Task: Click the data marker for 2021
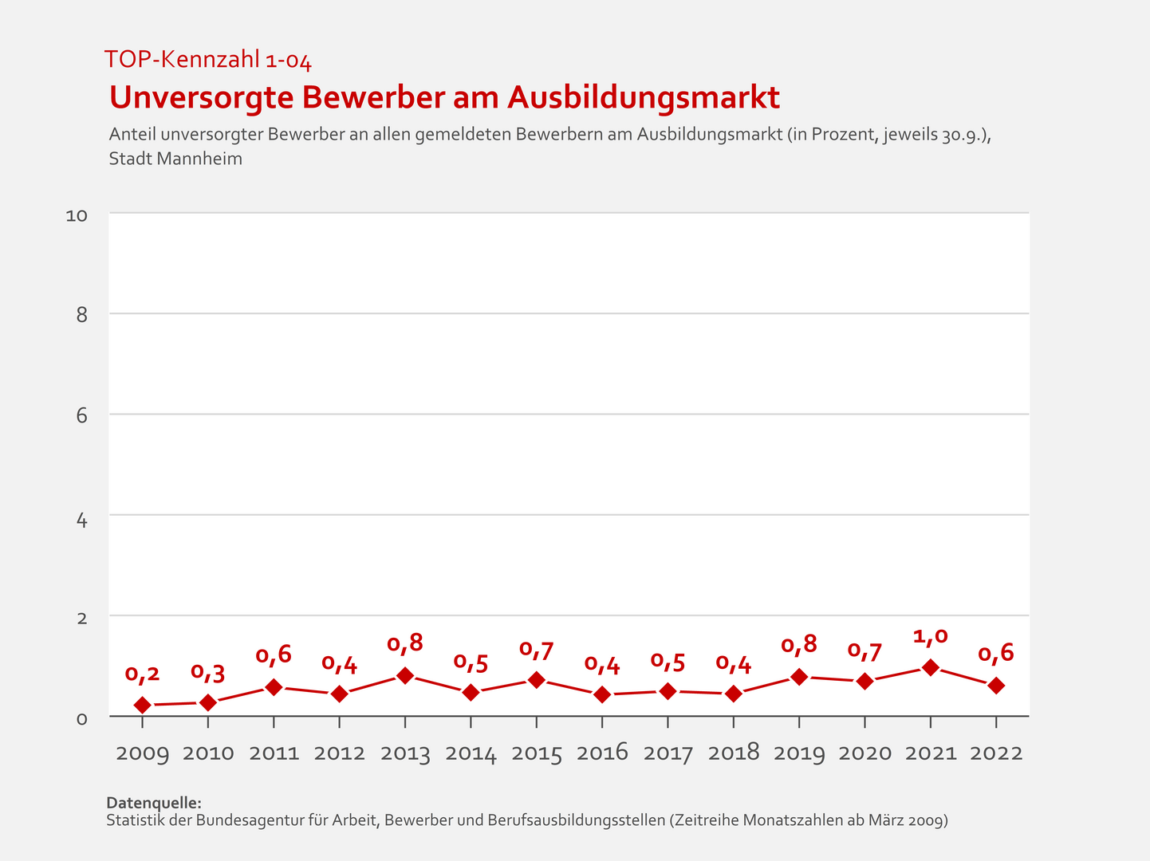(x=930, y=667)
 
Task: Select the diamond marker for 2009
(x=143, y=705)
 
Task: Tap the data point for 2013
(x=405, y=676)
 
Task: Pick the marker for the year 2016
(x=602, y=694)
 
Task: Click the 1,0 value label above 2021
(x=930, y=636)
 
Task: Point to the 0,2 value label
(x=143, y=674)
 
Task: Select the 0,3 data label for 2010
(x=208, y=672)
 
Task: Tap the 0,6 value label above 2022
(x=996, y=654)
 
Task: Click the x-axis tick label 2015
(x=537, y=753)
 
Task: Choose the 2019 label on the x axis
(x=799, y=753)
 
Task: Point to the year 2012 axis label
(x=340, y=753)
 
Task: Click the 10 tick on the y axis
(x=77, y=215)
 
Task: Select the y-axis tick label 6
(x=81, y=415)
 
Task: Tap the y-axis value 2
(x=81, y=617)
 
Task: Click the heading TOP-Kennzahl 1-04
(x=207, y=60)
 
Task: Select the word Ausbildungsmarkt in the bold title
(x=644, y=97)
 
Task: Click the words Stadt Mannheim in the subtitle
(x=175, y=159)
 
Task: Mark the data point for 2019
(x=799, y=677)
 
